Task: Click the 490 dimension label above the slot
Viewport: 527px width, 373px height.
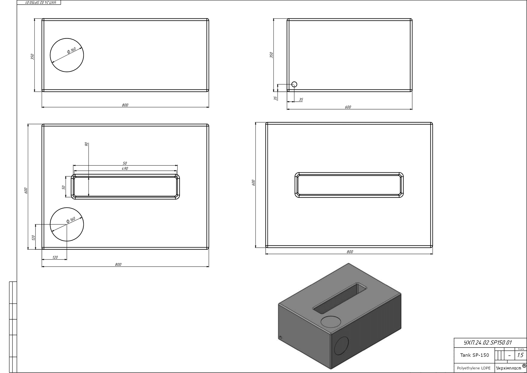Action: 125,169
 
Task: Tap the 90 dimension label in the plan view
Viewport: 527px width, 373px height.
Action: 86,144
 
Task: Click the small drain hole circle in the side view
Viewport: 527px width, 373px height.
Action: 294,84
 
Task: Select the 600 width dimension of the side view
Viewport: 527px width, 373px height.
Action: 348,107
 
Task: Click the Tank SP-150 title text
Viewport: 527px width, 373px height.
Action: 474,355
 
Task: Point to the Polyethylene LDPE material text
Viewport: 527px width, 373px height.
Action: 474,368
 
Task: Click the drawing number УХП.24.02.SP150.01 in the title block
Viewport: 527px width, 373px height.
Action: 487,343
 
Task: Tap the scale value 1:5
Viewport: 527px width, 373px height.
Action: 520,355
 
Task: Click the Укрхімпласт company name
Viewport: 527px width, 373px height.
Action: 509,368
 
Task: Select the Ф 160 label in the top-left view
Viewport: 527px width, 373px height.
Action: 71,51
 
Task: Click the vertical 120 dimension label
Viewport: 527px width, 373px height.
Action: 33,237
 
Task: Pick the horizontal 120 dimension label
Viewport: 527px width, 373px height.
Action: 55,257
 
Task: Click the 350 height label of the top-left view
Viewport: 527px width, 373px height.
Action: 32,57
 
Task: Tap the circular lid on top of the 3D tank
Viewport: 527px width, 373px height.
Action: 331,321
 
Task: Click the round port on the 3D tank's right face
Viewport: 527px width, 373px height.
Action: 341,346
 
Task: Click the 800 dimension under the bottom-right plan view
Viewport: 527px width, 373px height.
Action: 350,252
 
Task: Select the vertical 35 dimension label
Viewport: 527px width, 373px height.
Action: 275,98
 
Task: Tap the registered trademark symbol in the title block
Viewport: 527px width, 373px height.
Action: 524,366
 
